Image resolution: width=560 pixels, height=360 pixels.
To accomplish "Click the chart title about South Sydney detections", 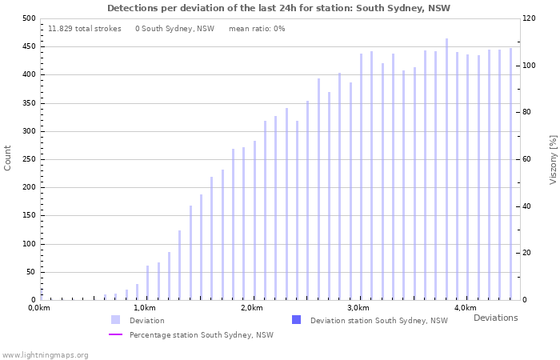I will point(278,8).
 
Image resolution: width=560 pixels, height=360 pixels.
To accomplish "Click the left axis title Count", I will point(8,158).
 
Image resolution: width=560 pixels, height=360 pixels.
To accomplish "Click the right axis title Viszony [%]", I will point(552,159).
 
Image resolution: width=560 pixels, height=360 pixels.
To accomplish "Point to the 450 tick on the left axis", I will point(29,46).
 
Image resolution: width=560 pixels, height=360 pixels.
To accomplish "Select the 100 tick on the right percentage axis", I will point(530,65).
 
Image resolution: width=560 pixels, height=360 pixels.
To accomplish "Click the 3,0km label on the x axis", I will point(358,308).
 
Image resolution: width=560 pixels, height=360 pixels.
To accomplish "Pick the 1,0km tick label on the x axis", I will point(144,308).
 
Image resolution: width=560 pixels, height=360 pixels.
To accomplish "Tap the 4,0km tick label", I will point(465,308).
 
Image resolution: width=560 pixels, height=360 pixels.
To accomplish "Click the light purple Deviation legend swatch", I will point(115,320).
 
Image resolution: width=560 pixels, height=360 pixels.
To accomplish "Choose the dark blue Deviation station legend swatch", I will point(296,320).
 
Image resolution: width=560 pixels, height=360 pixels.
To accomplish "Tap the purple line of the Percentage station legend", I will point(115,334).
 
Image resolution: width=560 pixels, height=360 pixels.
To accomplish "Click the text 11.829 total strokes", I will point(85,29).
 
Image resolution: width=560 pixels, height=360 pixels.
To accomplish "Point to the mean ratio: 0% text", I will point(257,29).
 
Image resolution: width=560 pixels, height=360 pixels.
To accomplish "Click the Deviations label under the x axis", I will point(495,318).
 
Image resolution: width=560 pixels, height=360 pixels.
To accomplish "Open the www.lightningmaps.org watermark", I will point(45,354).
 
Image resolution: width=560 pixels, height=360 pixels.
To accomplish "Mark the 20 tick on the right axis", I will point(527,253).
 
